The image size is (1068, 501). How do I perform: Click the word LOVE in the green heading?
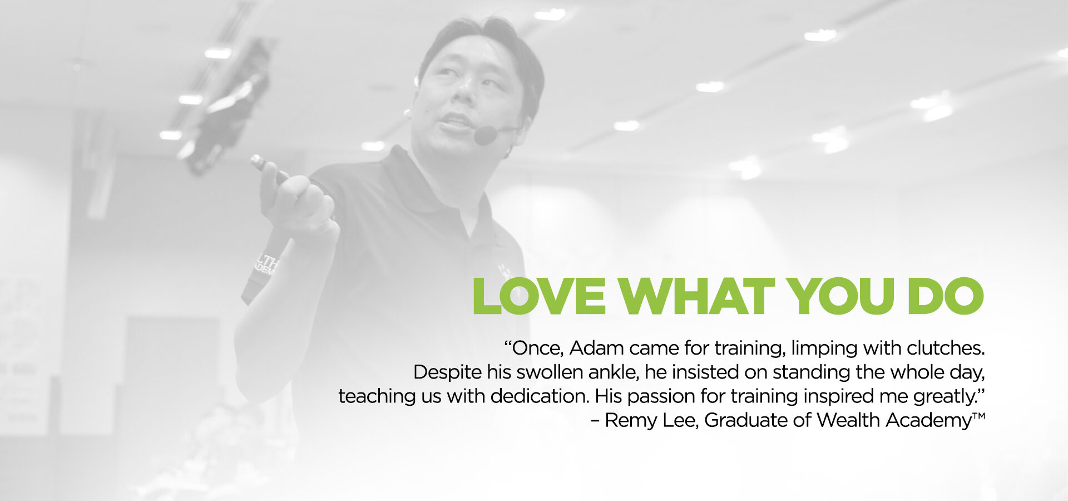(539, 296)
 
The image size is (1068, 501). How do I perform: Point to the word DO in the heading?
(945, 296)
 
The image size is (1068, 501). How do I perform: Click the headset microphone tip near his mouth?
(485, 135)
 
